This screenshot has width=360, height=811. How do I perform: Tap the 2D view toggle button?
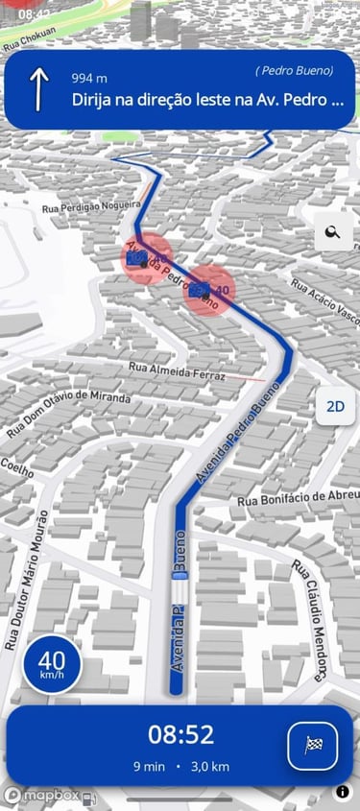click(335, 406)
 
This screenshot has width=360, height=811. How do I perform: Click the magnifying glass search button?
click(333, 232)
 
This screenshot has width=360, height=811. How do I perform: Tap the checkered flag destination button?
click(312, 745)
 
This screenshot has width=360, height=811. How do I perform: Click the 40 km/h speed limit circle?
click(52, 662)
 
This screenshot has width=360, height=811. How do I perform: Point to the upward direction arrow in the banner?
click(38, 88)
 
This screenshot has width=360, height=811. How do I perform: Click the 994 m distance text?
click(89, 78)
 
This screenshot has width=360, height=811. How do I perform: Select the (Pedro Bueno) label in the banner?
click(294, 71)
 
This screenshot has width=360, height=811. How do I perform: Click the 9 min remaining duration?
click(151, 767)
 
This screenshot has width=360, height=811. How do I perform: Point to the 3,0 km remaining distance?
click(208, 767)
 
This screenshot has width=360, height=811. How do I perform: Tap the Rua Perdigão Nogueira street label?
click(91, 206)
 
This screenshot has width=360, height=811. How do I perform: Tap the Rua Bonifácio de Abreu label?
click(298, 497)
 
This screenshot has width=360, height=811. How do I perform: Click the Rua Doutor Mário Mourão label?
click(26, 580)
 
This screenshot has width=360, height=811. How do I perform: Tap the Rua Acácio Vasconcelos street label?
click(324, 301)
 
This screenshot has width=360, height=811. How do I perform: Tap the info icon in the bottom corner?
click(343, 792)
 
